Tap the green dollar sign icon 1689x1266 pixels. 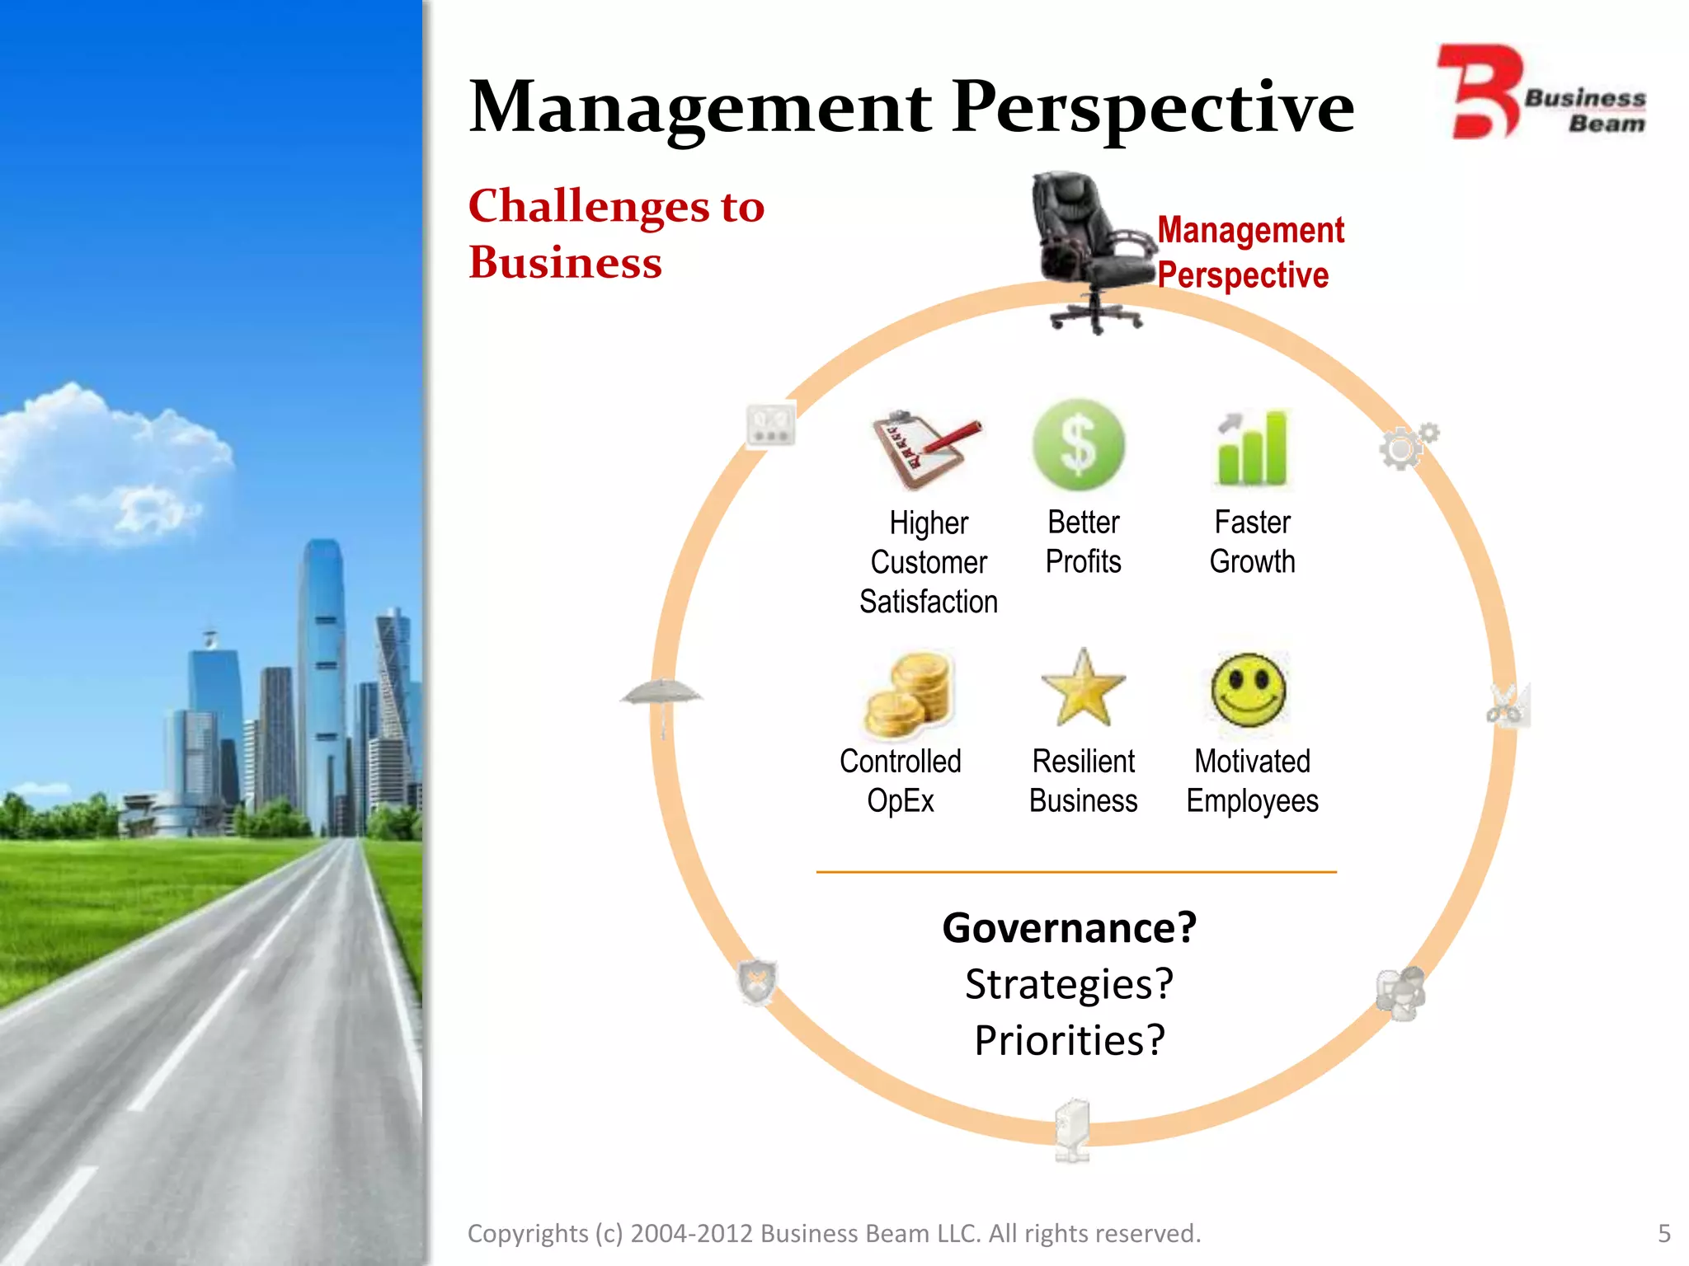click(x=1079, y=445)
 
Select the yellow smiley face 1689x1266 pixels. click(x=1249, y=690)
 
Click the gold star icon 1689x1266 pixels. click(x=1083, y=689)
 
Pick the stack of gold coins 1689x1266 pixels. click(x=910, y=694)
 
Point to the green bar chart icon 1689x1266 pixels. click(x=1252, y=448)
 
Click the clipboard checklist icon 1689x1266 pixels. click(x=924, y=448)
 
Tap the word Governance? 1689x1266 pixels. click(x=1070, y=928)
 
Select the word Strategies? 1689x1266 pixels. click(x=1070, y=984)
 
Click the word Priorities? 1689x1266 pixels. click(x=1070, y=1040)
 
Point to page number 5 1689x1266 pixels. click(x=1663, y=1233)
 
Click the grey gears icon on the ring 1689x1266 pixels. click(x=1407, y=446)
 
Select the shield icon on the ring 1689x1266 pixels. click(x=756, y=982)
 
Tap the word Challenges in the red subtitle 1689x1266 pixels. click(x=589, y=206)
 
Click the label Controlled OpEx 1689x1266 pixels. click(x=901, y=781)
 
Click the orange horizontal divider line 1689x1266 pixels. click(x=1076, y=871)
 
